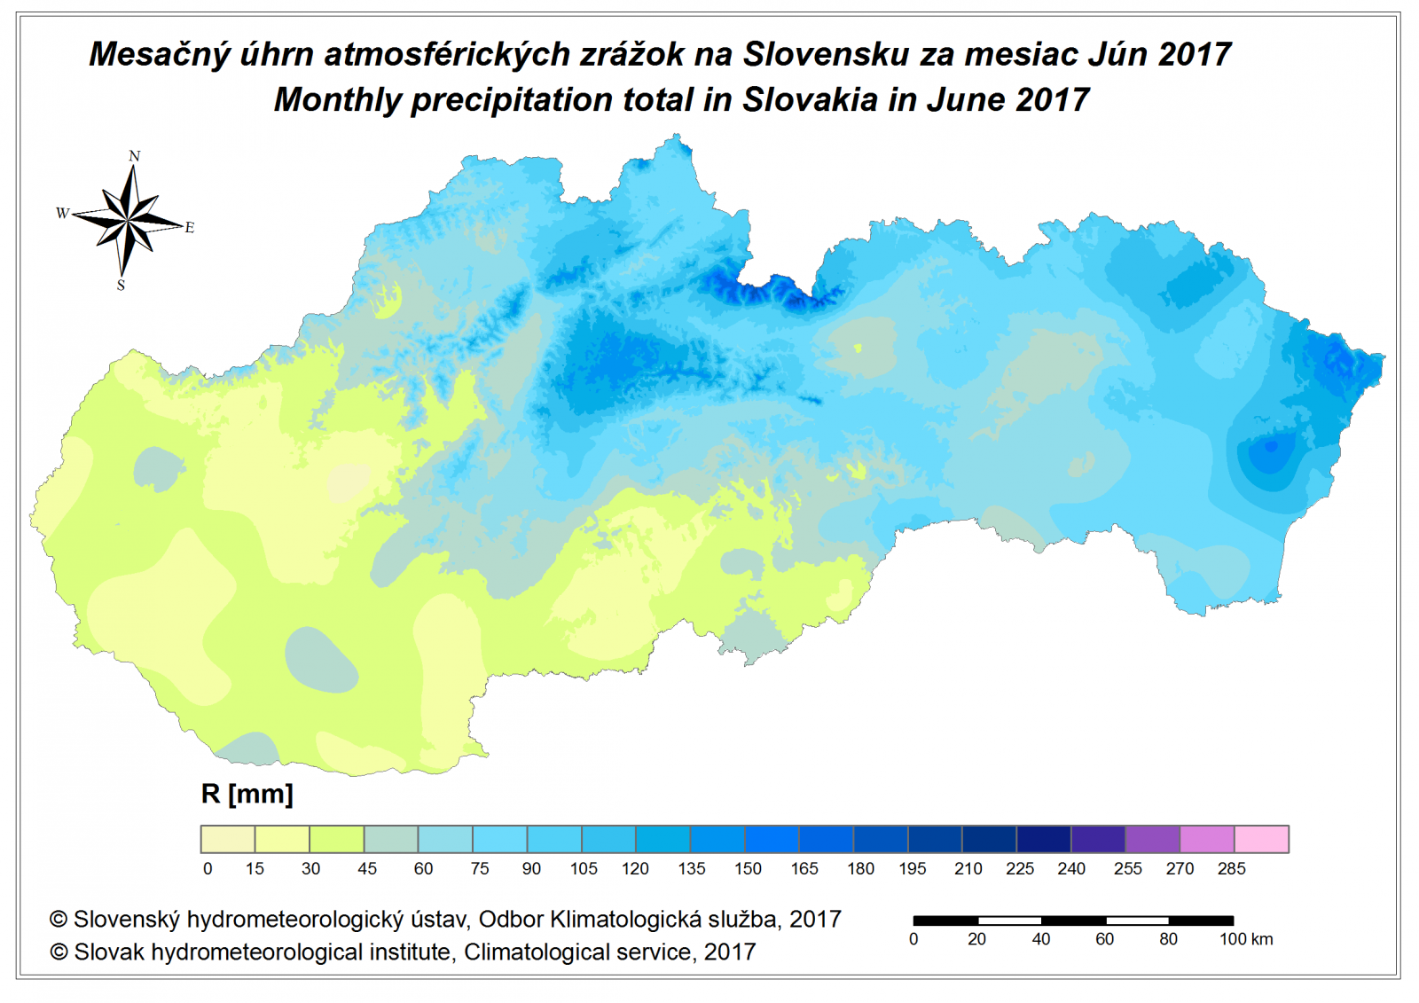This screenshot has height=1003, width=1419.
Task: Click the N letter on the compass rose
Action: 135,156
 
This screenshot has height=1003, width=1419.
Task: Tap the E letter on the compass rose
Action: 189,228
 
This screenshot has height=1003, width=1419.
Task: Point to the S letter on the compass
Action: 121,286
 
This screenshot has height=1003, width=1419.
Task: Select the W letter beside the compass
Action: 62,213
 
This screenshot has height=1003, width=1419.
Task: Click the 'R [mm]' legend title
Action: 247,794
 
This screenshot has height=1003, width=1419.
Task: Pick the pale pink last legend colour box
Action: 1261,839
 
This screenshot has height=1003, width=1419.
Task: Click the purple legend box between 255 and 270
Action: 1152,839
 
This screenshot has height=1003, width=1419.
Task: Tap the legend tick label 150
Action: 748,869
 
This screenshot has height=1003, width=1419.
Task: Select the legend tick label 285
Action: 1231,869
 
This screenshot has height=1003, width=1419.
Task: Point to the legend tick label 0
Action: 208,869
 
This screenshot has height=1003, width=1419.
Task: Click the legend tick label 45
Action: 367,869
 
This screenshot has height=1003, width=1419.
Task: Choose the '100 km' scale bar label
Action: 1246,939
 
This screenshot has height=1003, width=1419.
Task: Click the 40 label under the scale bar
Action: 1041,939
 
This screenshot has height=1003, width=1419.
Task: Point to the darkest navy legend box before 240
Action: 1044,839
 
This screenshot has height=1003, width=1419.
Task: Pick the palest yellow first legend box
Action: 228,839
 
